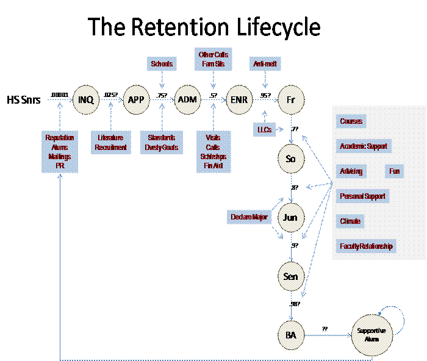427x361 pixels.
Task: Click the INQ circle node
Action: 85,99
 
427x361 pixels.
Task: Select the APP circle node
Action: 136,99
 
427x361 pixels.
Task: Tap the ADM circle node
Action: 187,99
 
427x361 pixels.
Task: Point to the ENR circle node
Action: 239,99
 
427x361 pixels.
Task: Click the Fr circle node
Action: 291,99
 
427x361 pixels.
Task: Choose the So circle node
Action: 291,159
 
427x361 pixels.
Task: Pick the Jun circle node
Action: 291,217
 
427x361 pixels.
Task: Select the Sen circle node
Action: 291,276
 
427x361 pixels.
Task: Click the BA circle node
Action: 291,335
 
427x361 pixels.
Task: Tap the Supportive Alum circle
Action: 372,334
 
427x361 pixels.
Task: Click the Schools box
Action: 162,63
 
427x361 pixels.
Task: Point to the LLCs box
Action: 264,129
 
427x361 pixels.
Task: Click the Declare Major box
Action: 249,217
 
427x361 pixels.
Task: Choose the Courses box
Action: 351,121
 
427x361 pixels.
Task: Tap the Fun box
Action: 395,171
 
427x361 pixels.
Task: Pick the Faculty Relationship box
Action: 366,246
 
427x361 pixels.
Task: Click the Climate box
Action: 350,221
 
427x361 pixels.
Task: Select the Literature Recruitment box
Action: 111,143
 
